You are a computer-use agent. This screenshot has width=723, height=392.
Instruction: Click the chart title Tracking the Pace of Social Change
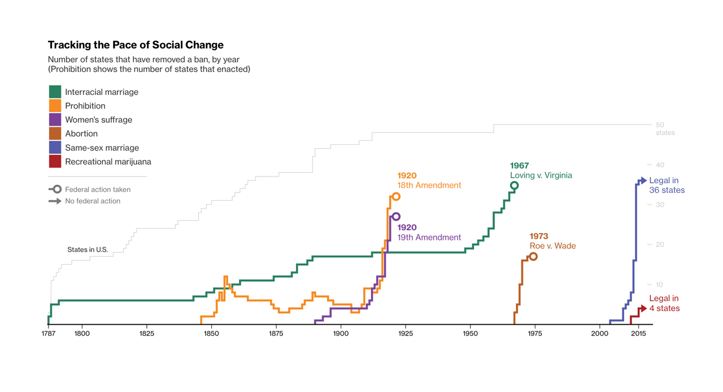pos(136,45)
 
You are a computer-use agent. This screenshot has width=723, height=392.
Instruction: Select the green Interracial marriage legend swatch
pos(55,92)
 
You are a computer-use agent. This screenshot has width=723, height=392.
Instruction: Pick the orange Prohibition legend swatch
pos(55,106)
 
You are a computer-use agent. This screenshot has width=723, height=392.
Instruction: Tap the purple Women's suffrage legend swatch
pos(55,119)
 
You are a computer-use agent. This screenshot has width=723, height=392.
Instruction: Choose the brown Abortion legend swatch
pos(55,133)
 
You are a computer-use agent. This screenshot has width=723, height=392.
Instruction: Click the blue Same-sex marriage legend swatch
pos(55,148)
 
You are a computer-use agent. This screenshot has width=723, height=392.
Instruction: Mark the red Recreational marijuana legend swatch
pos(55,161)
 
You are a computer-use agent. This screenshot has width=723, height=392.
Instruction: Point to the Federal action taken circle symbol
pos(57,189)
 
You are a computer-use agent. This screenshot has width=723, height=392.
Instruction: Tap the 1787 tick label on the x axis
pos(49,334)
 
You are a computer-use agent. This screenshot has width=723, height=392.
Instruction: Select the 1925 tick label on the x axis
pos(406,334)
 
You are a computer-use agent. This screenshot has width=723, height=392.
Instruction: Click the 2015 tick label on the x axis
pos(638,334)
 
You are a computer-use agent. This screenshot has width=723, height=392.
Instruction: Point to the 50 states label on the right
pos(664,128)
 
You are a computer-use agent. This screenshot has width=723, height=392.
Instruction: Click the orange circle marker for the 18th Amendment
pos(396,196)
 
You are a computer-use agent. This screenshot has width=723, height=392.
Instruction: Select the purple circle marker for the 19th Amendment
pos(396,217)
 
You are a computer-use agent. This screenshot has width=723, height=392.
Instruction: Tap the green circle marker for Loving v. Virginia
pos(514,186)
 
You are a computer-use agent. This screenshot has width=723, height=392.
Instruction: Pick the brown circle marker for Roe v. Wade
pos(533,257)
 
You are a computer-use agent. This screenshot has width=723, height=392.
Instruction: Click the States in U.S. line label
pos(88,249)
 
